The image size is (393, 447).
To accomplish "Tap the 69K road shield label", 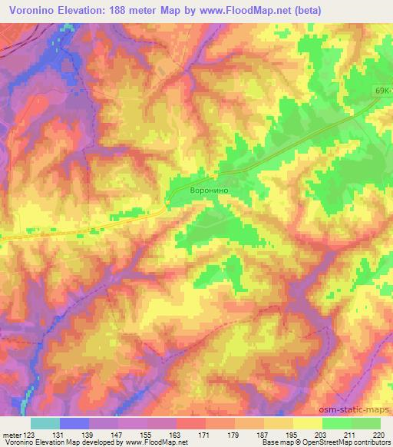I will (x=382, y=91).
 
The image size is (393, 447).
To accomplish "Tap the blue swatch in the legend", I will (x=74, y=423).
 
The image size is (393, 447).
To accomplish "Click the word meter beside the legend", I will (x=11, y=435).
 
